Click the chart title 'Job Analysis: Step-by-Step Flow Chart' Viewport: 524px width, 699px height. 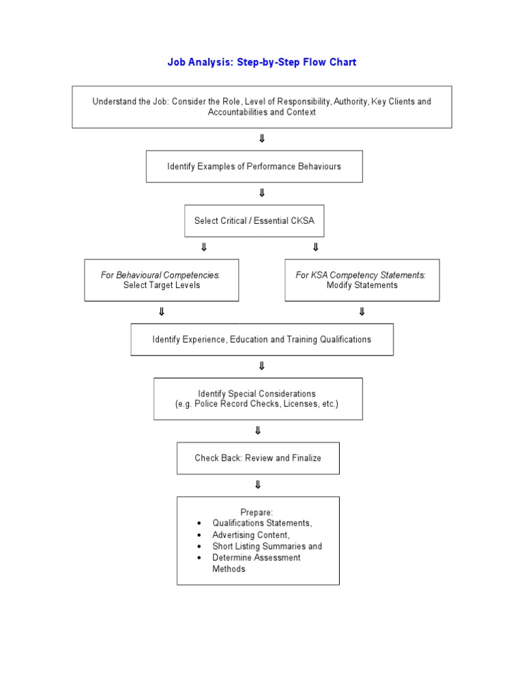(262, 62)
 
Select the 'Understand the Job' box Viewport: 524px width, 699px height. (262, 106)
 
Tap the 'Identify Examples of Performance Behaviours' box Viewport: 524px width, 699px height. (254, 166)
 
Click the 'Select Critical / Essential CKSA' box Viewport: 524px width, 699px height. (254, 220)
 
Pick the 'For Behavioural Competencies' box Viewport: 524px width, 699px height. (162, 280)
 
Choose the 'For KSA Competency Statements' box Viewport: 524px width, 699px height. (362, 280)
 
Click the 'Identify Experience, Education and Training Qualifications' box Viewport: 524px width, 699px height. (262, 339)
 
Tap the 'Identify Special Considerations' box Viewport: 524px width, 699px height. (257, 399)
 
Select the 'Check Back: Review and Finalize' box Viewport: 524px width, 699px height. (257, 457)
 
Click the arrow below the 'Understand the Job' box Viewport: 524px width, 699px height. (262, 139)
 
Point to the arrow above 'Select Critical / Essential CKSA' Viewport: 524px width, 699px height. (262, 193)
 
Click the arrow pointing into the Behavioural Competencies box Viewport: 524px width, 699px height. (203, 247)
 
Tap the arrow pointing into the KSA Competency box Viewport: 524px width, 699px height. (315, 247)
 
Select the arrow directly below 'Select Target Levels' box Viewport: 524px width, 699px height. (162, 312)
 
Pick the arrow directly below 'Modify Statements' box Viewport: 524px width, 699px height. (362, 312)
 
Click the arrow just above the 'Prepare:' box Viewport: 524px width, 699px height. (257, 485)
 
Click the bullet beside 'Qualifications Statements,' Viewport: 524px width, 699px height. (199, 524)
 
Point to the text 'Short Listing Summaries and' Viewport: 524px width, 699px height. (267, 546)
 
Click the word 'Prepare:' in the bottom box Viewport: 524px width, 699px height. (257, 512)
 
